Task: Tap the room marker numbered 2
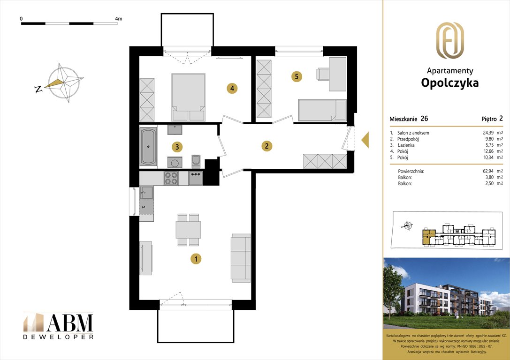(x=266, y=146)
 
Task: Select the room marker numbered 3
(x=176, y=147)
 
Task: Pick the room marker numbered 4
(x=232, y=88)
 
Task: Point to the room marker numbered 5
(x=296, y=76)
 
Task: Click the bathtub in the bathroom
(x=148, y=146)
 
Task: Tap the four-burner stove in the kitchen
(x=171, y=178)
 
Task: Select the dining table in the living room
(x=188, y=230)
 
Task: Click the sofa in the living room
(x=241, y=257)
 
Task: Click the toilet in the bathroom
(x=196, y=160)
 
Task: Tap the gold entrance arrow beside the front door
(x=364, y=139)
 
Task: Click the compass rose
(x=64, y=83)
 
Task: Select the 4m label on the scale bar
(x=118, y=19)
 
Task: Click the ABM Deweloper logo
(x=58, y=325)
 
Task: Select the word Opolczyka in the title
(x=450, y=83)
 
